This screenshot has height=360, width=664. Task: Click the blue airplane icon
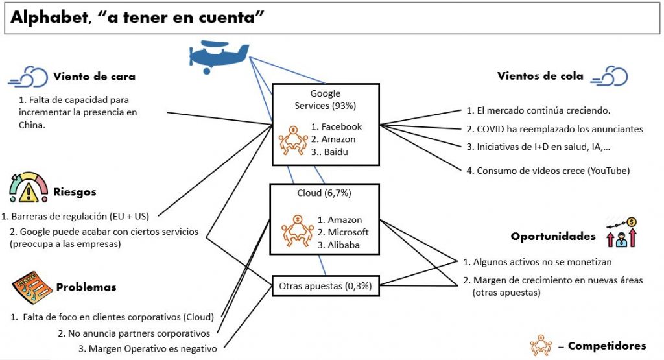tap(217, 56)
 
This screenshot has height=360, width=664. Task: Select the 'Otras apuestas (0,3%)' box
tap(325, 285)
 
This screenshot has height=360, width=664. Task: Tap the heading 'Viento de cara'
tap(94, 76)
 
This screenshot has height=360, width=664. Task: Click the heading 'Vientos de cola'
tap(540, 76)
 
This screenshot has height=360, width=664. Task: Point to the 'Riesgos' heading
tap(75, 192)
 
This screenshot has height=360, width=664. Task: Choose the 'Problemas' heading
tap(86, 287)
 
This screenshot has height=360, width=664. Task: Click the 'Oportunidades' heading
tap(553, 236)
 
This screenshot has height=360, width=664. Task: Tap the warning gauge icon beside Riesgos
tap(29, 189)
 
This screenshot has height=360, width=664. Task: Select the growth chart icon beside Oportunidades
tap(622, 232)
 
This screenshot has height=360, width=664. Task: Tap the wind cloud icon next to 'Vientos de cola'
tap(612, 76)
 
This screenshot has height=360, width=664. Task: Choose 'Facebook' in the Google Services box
tap(342, 126)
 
